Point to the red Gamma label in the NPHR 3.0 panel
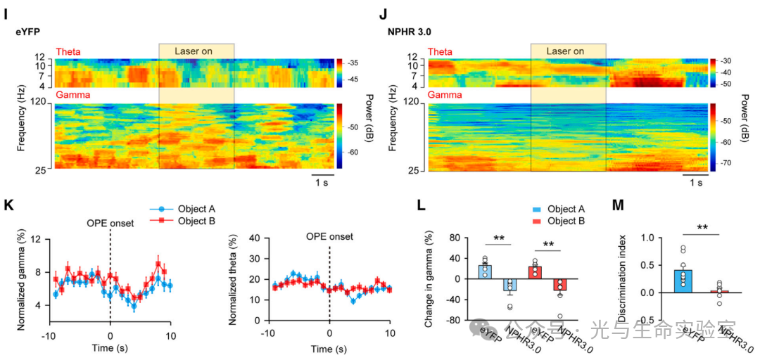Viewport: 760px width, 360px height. click(444, 94)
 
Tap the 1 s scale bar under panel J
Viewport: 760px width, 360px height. click(695, 183)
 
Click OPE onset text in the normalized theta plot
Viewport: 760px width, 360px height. click(329, 236)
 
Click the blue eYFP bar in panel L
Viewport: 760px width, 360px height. click(485, 271)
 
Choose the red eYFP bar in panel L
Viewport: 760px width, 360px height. click(536, 271)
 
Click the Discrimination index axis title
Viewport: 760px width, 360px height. click(622, 278)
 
